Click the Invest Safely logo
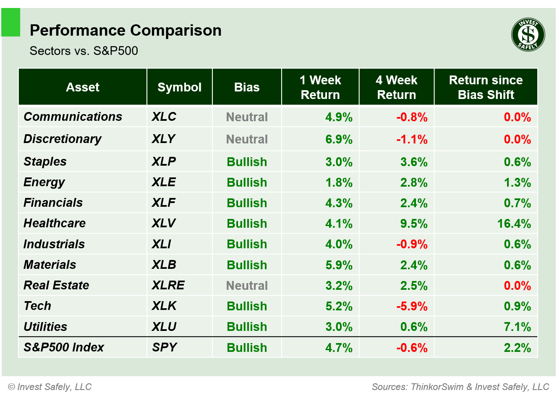pos(528,35)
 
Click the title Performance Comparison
pos(126,31)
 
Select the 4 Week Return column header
pos(396,87)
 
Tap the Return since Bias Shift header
pos(486,87)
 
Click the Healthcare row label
pos(55,223)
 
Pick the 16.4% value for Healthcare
pos(514,224)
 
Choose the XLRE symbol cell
pos(168,285)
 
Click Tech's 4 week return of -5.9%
pos(412,306)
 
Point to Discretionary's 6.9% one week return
pos(339,139)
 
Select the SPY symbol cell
pos(164,347)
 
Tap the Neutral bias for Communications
pos(247,117)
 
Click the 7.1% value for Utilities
pos(517,327)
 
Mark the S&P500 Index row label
pos(64,347)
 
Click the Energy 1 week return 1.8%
pos(339,182)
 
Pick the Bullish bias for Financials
pos(247,203)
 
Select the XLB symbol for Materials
pos(164,265)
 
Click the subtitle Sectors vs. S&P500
pos(84,51)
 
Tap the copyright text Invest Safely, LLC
pos(50,387)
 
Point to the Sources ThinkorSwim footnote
pos(460,387)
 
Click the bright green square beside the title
pos(11,23)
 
